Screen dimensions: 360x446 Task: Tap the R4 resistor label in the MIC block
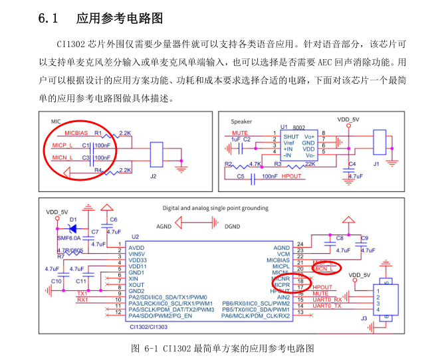tap(98, 171)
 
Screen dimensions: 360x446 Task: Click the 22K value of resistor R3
tap(310, 163)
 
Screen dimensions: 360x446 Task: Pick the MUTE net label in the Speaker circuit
tap(241, 133)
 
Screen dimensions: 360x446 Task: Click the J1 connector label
tap(376, 162)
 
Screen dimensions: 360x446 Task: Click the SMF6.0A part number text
tap(68, 237)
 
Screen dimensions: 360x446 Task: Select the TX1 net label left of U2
tap(82, 292)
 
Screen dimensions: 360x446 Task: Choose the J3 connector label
tap(363, 319)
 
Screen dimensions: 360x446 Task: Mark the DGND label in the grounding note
tap(233, 226)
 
